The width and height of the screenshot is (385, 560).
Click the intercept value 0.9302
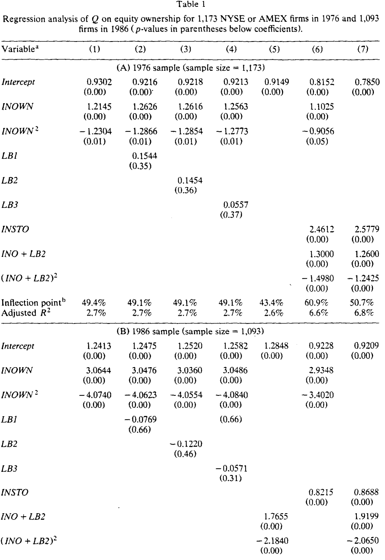(x=99, y=82)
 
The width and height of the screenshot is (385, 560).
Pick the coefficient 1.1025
(x=322, y=107)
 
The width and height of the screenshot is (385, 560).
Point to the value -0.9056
(x=318, y=131)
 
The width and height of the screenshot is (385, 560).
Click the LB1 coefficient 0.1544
(x=145, y=156)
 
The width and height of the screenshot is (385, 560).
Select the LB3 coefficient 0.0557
(x=236, y=205)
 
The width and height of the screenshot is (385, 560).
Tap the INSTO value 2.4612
(x=322, y=229)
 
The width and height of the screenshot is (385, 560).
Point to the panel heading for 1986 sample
(x=190, y=332)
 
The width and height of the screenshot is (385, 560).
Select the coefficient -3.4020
(x=318, y=395)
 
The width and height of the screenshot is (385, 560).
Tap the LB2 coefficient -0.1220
(x=186, y=444)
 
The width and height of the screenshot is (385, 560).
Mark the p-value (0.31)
(x=231, y=478)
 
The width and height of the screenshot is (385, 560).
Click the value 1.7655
(x=276, y=517)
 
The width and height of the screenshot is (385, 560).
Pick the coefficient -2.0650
(x=363, y=541)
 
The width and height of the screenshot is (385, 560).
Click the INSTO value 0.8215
(x=321, y=492)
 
